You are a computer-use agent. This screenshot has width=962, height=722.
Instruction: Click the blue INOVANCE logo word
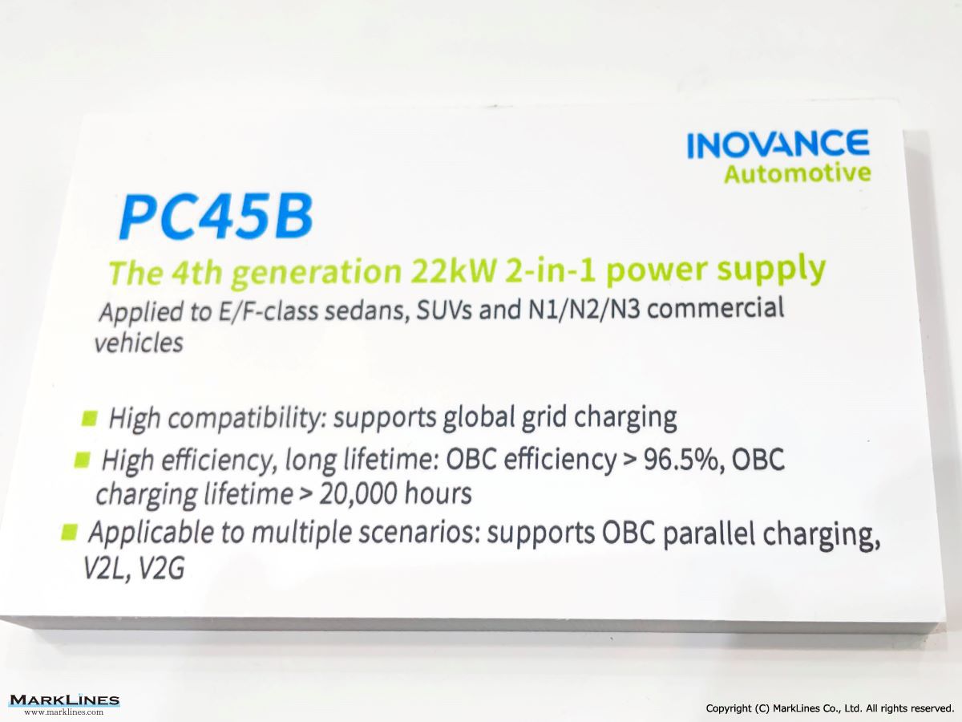tap(778, 144)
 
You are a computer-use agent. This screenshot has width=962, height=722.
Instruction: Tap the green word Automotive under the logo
tap(797, 173)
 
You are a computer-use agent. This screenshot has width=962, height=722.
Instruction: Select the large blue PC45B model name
tap(216, 217)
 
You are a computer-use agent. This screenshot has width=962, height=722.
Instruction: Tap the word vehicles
tap(139, 343)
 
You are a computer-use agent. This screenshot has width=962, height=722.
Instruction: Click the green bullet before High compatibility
tap(89, 417)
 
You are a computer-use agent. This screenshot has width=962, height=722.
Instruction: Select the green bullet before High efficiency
tap(82, 460)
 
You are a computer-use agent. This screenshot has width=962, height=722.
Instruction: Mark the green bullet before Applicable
tap(69, 533)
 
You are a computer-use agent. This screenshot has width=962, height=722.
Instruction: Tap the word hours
tap(438, 493)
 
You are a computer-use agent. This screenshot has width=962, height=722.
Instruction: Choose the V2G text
tap(161, 569)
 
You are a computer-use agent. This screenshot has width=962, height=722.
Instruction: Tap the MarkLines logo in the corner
tap(64, 700)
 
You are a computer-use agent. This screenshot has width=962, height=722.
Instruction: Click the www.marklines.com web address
tap(64, 712)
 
